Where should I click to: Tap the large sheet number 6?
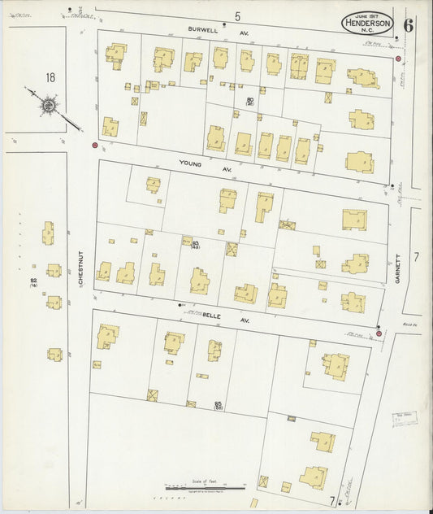click(x=407, y=24)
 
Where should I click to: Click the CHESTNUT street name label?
click(x=81, y=268)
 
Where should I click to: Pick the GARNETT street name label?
click(x=398, y=267)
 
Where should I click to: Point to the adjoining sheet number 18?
click(x=50, y=77)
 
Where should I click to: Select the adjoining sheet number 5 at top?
click(x=238, y=16)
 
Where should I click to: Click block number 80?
click(x=250, y=101)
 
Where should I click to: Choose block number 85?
click(x=219, y=403)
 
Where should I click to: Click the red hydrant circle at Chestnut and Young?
click(x=95, y=146)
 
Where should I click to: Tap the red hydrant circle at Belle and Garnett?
click(x=379, y=333)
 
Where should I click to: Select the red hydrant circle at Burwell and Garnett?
click(x=398, y=59)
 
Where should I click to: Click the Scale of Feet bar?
click(x=198, y=486)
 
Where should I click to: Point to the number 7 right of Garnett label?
click(x=415, y=257)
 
